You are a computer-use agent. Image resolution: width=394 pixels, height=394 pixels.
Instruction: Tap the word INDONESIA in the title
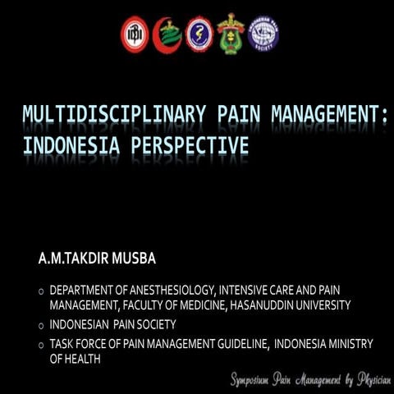tap(66, 147)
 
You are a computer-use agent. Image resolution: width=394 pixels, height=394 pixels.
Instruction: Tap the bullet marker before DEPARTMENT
tap(40, 292)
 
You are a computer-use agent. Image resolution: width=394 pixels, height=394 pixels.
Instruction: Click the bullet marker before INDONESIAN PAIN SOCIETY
tap(40, 325)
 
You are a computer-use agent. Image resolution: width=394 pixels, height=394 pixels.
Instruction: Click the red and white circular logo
tap(135, 34)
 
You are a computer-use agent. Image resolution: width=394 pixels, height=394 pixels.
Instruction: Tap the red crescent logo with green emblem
tap(167, 34)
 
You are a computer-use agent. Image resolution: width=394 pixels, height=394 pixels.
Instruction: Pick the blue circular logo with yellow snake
tap(199, 34)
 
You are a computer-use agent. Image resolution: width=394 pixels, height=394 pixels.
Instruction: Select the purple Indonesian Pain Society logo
tap(263, 34)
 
